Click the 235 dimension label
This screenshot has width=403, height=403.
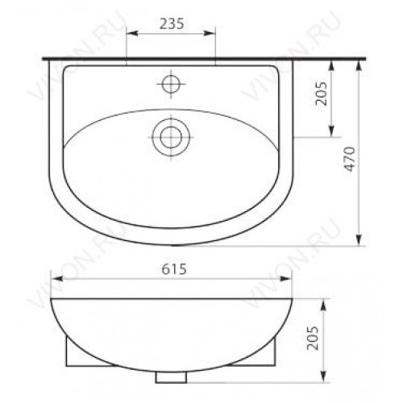pos(172,24)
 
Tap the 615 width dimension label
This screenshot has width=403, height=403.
pos(174,269)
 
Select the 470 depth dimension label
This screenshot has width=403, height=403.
pos(351,159)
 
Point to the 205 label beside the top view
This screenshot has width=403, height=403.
pos(321,93)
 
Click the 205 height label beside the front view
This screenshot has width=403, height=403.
pos(313,338)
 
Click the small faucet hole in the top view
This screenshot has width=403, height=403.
pos(171,84)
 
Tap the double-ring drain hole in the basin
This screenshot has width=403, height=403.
pos(171,137)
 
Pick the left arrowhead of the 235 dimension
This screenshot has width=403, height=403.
pos(132,33)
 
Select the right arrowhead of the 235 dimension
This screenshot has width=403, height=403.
pos(210,33)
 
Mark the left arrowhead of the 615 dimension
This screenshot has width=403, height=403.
pos(56,279)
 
